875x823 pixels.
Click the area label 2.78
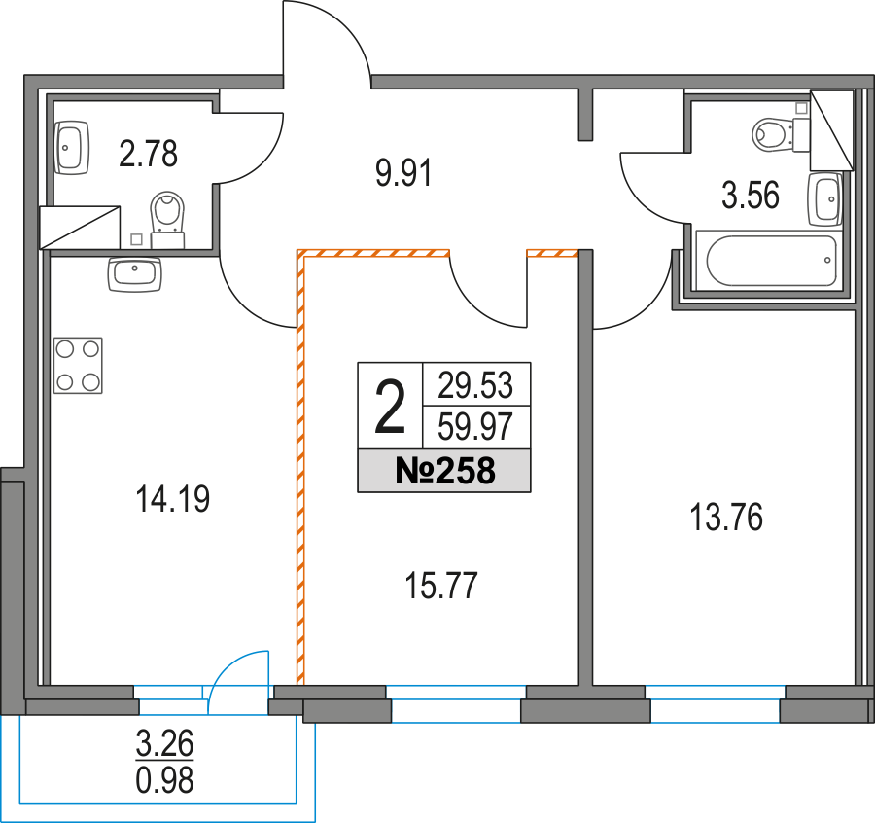148,153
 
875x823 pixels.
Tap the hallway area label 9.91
402,174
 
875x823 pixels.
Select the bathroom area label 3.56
750,197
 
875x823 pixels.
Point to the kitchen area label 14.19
174,500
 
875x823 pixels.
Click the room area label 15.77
442,587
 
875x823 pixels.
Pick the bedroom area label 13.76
726,519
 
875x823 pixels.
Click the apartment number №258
445,472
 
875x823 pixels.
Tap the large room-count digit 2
390,410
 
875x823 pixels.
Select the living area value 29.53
476,384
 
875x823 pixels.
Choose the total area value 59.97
476,425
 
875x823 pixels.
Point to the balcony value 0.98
165,779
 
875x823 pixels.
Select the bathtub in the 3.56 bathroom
771,261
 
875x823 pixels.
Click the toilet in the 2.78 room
168,216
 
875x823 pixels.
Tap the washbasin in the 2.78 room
71,147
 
